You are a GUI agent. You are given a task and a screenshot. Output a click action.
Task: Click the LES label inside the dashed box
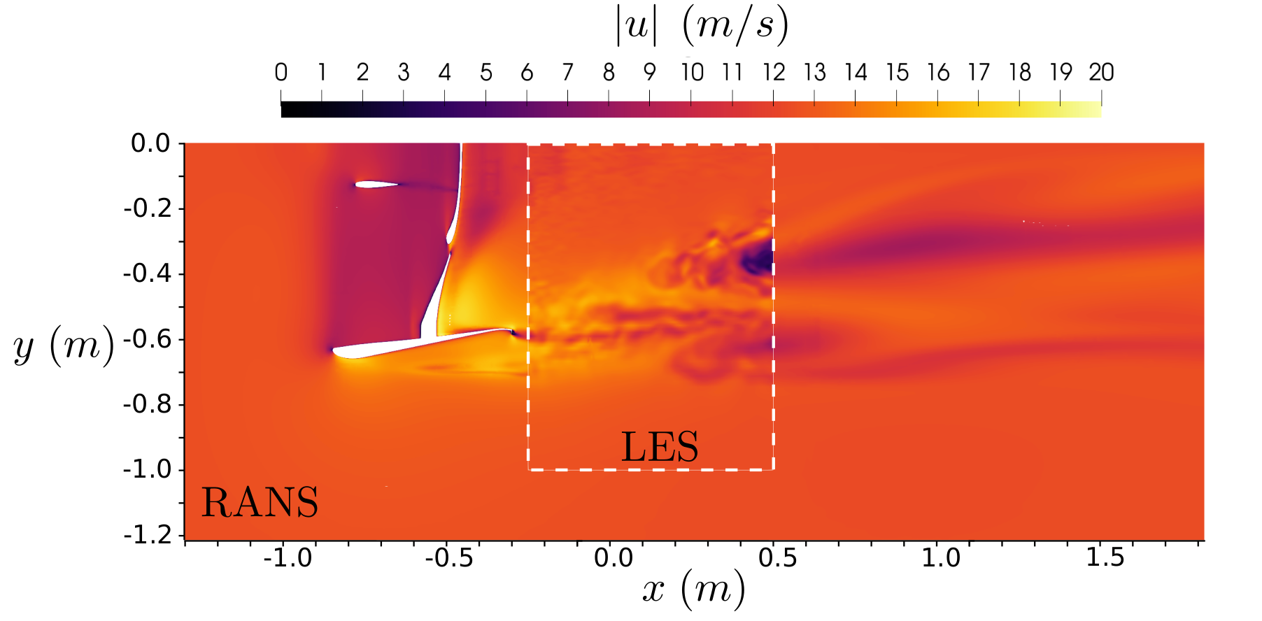coord(660,448)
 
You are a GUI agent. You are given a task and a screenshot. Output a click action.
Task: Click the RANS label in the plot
coord(260,502)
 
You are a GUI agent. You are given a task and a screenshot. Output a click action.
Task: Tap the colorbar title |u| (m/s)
coord(702,27)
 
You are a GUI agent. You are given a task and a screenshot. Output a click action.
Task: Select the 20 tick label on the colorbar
coord(1100,72)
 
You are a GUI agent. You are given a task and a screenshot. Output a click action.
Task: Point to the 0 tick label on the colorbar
coord(281,72)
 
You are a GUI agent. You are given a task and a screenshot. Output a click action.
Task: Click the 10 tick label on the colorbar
coord(692,72)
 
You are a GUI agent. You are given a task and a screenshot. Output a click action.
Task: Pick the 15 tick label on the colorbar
coord(897,72)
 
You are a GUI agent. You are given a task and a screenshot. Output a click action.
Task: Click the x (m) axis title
coord(693,588)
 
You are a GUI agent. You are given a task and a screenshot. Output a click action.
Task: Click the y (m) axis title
coord(64,345)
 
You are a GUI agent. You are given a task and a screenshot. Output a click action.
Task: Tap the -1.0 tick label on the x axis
coord(288,557)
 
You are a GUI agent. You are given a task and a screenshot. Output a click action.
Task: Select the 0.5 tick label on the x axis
coord(777,557)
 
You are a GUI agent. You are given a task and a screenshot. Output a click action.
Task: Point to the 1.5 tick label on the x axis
coord(1105,557)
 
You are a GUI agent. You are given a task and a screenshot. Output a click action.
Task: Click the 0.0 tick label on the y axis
coord(150,143)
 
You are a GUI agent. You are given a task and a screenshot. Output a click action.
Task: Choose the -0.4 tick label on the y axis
coord(147,273)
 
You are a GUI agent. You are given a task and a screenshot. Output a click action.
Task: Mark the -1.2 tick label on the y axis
coord(147,535)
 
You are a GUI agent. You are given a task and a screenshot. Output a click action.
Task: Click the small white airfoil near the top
coord(375,185)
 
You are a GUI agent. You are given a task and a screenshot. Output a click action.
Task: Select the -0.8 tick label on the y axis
coord(147,404)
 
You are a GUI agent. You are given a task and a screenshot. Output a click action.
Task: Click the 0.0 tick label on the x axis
coord(614,557)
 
